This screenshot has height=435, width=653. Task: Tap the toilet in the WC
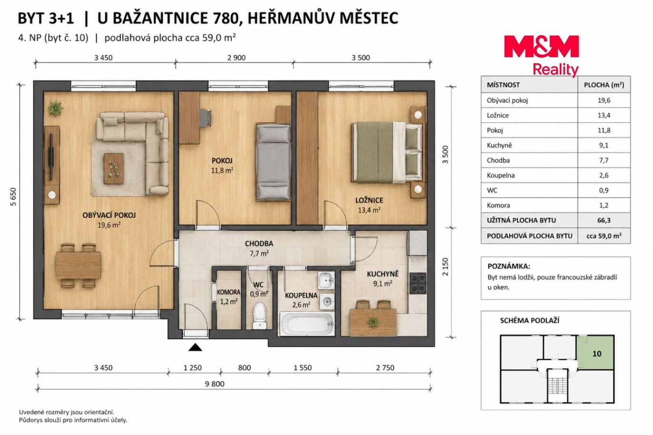[259, 316]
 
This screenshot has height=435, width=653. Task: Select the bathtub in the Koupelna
[307, 324]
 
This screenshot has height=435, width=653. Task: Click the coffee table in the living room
[114, 168]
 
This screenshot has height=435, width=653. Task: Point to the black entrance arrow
[195, 347]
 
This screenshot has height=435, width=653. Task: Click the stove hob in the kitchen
[418, 283]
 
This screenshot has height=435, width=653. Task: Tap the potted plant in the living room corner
[55, 108]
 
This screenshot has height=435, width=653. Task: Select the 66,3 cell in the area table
[604, 220]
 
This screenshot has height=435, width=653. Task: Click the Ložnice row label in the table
[498, 116]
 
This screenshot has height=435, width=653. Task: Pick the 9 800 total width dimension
[215, 384]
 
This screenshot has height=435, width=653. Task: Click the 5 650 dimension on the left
[13, 197]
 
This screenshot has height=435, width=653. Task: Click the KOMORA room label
[228, 292]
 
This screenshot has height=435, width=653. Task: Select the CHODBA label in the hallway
[259, 244]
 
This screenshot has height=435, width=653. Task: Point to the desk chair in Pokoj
[206, 118]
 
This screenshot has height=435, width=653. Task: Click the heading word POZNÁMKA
[509, 266]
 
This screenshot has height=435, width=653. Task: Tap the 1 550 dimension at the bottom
[303, 367]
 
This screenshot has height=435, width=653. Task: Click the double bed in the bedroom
[387, 153]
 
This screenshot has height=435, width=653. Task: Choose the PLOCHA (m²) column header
[604, 85]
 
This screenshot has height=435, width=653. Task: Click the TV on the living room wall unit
[51, 155]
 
